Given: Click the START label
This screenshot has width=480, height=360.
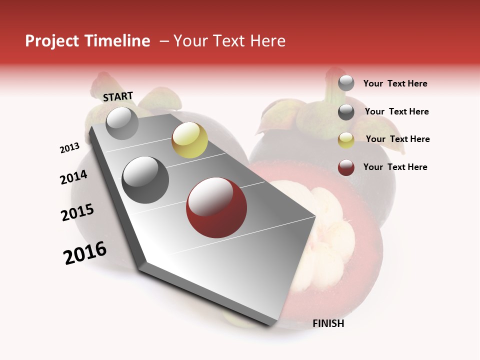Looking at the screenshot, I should (118, 96).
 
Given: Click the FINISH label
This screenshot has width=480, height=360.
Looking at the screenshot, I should (328, 323).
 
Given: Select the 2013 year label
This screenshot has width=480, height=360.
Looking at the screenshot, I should (69, 148).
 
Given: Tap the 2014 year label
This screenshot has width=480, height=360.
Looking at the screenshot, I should (73, 177).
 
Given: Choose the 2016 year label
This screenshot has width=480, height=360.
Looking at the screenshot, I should (85, 253).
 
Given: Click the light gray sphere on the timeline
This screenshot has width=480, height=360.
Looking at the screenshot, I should (122, 123).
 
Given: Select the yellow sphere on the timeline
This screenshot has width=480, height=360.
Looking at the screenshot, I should (189, 140).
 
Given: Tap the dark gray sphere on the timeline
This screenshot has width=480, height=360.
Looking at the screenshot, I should (145, 179).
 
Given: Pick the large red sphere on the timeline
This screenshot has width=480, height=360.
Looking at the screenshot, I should (216, 207).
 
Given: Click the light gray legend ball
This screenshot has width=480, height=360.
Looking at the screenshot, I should (346, 83).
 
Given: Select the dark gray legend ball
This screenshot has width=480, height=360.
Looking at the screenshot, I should (346, 112).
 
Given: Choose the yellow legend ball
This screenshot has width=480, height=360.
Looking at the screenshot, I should (346, 139).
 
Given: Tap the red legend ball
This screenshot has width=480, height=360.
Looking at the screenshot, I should (346, 167).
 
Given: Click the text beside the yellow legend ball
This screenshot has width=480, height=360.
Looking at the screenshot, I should (397, 139).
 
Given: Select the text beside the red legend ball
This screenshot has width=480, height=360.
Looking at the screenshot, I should (395, 167).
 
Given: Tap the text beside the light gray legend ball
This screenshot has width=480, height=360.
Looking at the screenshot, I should (395, 83).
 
